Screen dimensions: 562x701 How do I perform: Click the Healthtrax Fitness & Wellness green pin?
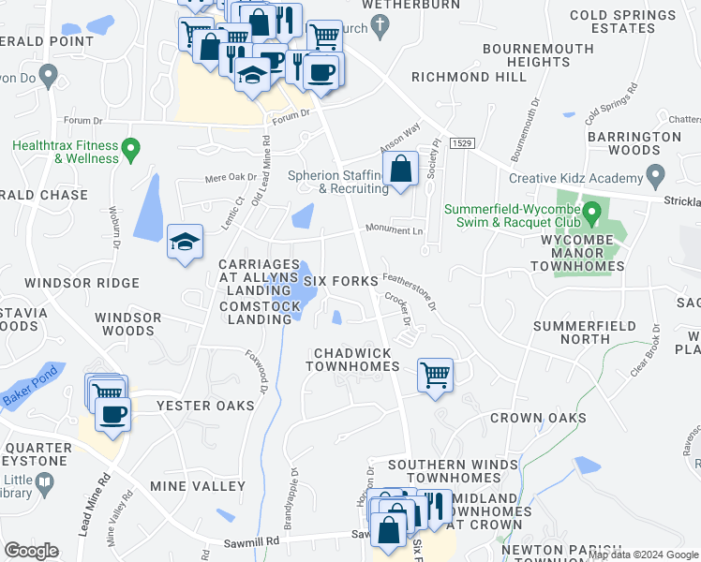(131, 148)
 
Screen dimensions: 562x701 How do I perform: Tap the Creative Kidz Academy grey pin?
(655, 176)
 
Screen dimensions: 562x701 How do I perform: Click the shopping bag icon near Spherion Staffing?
(400, 170)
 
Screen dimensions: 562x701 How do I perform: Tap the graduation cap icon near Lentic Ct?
(184, 242)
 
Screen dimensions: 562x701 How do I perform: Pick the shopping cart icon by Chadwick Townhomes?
(436, 375)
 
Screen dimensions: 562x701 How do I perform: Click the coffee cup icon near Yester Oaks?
(113, 414)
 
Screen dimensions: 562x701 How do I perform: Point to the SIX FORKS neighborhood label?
(340, 281)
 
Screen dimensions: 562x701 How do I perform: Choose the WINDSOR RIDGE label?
(82, 283)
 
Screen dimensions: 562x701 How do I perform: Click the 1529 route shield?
(460, 142)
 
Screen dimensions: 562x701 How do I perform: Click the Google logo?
(31, 551)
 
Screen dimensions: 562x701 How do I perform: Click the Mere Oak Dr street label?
(231, 176)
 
